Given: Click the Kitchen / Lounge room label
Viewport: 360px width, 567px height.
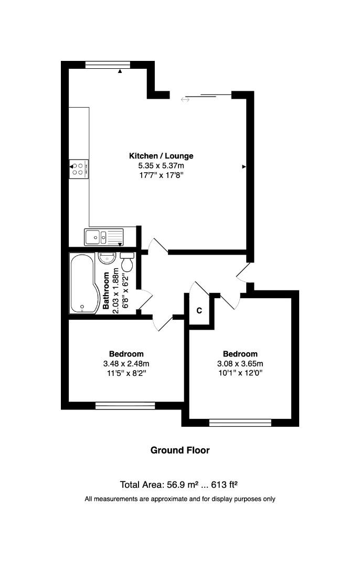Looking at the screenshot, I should pyautogui.click(x=161, y=156).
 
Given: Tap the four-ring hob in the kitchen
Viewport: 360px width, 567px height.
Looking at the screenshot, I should pyautogui.click(x=80, y=167).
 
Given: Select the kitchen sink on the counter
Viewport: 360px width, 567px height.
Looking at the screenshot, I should pyautogui.click(x=103, y=237).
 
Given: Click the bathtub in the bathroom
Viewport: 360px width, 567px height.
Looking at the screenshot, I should pyautogui.click(x=82, y=283).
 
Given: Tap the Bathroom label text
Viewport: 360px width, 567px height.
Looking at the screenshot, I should pyautogui.click(x=106, y=291).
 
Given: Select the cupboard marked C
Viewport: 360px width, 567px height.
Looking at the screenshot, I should pyautogui.click(x=199, y=310).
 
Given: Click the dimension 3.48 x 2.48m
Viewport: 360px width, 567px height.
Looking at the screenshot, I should pyautogui.click(x=126, y=363).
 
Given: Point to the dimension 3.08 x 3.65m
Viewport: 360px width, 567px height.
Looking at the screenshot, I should pyautogui.click(x=240, y=363).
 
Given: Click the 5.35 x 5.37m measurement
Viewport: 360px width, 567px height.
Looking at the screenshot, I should pyautogui.click(x=161, y=165).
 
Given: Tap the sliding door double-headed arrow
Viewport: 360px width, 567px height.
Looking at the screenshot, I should pyautogui.click(x=185, y=99).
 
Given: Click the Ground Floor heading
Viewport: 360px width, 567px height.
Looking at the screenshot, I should pyautogui.click(x=180, y=450).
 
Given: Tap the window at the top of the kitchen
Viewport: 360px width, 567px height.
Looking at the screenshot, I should pyautogui.click(x=108, y=65).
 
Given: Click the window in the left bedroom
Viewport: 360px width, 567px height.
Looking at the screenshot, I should pyautogui.click(x=125, y=405).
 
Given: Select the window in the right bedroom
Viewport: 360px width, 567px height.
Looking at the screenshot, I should pyautogui.click(x=240, y=422).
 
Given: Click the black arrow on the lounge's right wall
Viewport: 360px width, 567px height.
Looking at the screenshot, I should pyautogui.click(x=244, y=167).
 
